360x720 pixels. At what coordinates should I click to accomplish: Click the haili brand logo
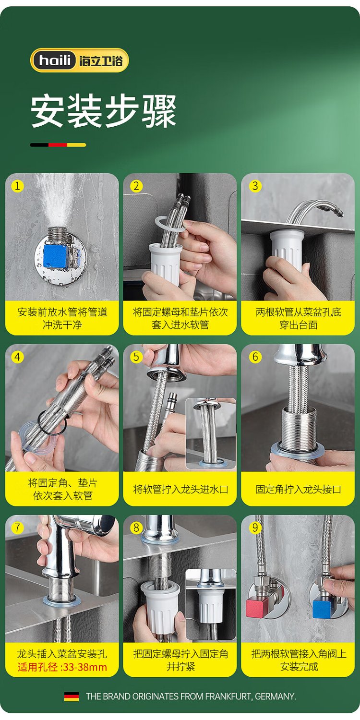click(79, 60)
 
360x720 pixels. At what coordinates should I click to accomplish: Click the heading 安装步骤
click(104, 111)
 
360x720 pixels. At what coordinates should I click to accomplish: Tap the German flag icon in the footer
click(72, 696)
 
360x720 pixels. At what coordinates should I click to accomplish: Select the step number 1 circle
click(17, 186)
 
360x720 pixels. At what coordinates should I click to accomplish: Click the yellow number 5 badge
click(136, 357)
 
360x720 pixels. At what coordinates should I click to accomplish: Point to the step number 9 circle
click(255, 528)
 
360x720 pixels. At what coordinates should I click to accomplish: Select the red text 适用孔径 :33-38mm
click(62, 667)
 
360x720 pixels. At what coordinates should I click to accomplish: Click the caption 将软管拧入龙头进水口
click(180, 489)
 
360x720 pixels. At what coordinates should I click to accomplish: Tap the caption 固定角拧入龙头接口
click(298, 489)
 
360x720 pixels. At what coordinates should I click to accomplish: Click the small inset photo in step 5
click(211, 433)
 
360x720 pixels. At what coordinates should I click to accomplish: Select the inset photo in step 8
click(211, 604)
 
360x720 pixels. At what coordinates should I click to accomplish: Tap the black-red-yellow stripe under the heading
click(58, 145)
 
